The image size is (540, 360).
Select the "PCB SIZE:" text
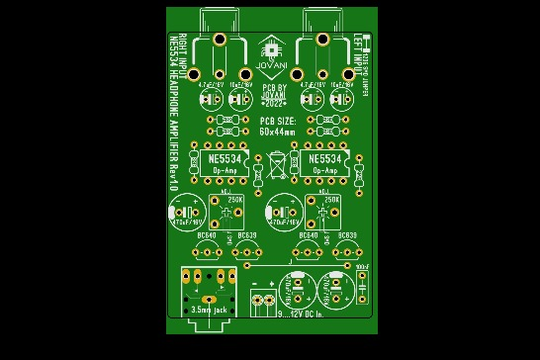(277, 120)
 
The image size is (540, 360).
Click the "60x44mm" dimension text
(277, 131)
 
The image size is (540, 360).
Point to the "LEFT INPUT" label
(357, 50)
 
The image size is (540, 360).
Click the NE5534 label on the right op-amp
(324, 158)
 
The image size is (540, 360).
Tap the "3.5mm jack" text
(209, 311)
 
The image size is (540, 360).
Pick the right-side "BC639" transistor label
(346, 235)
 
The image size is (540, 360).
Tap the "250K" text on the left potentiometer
(235, 200)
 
